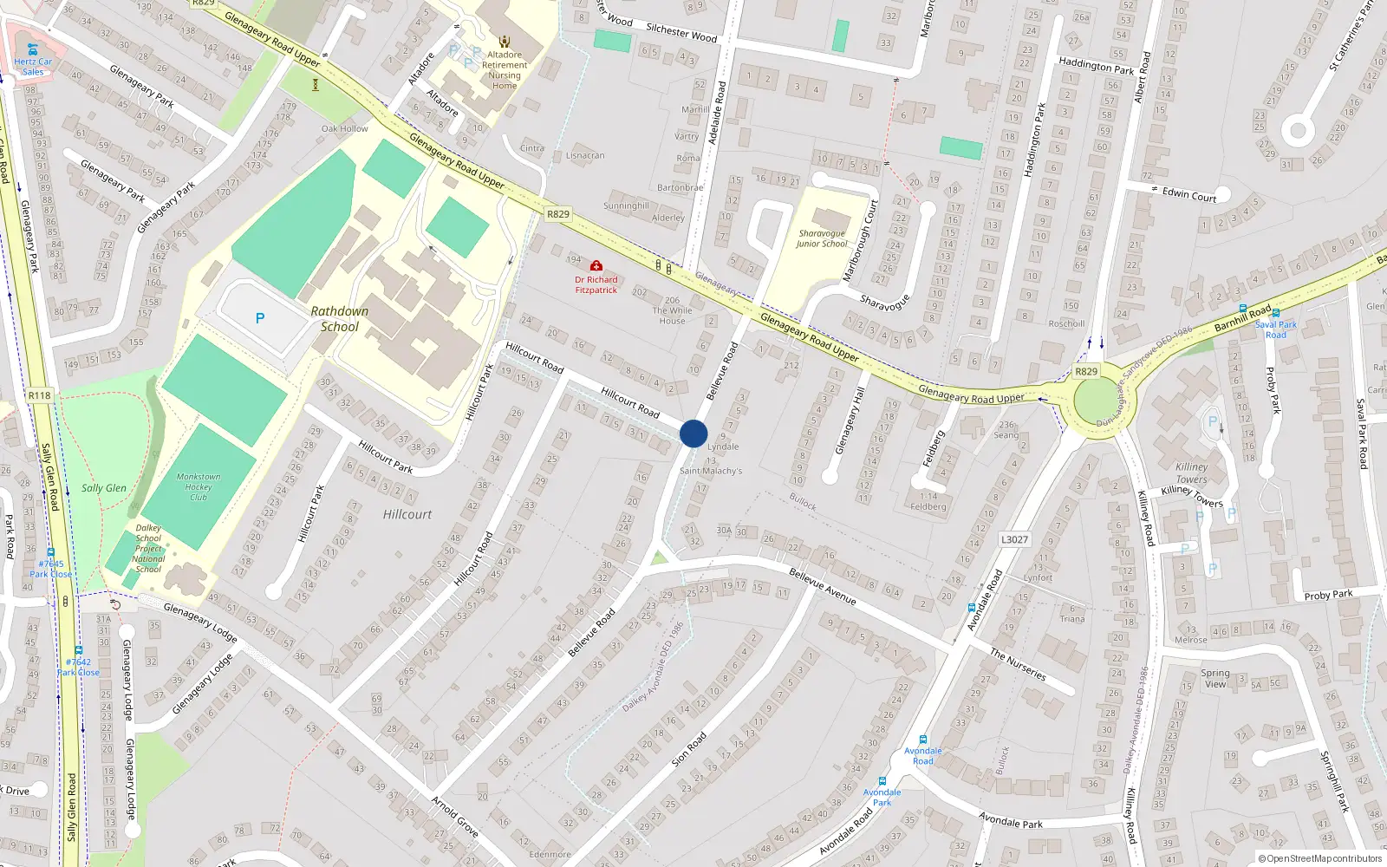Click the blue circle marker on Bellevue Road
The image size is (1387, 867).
693,433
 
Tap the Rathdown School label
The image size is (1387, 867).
339,319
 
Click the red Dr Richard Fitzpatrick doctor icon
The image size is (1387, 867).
596,266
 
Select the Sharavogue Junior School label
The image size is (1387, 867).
822,238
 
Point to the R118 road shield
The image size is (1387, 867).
39,395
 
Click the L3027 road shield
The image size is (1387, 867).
1014,539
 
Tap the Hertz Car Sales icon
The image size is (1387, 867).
33,49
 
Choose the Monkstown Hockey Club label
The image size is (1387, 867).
199,486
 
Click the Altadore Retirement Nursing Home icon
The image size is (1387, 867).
505,42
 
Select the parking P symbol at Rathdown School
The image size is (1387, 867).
260,319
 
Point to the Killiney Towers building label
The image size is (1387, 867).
1192,473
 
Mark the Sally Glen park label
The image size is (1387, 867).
104,488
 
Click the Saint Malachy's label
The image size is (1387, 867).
711,471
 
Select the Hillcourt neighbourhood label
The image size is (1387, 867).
407,514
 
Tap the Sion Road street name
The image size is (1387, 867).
689,749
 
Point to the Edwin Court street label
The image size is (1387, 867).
1189,194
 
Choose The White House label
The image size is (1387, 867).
672,316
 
